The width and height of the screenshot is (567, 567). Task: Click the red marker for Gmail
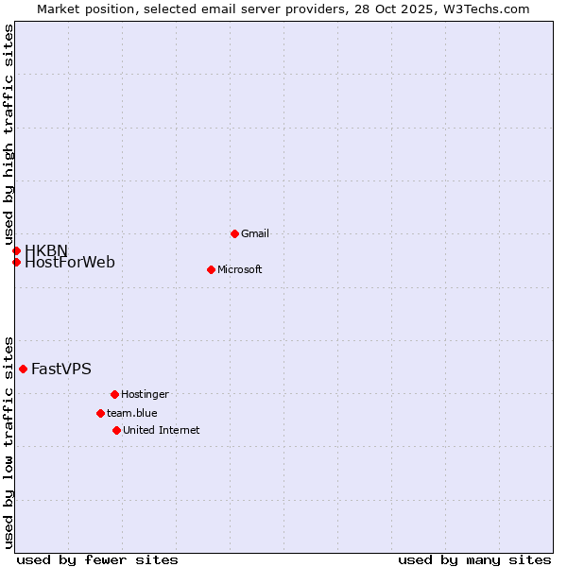[234, 233]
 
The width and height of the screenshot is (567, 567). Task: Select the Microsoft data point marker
[211, 269]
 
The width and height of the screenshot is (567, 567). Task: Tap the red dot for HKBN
[16, 250]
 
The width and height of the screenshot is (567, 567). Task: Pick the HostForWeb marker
[16, 262]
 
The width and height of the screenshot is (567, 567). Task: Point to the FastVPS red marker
[23, 369]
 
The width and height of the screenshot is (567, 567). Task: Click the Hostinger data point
[114, 394]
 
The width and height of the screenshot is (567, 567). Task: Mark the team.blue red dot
[100, 413]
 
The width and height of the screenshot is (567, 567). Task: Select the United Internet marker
[116, 430]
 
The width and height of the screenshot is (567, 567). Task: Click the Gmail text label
[255, 233]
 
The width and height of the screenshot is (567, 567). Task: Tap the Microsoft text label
[239, 269]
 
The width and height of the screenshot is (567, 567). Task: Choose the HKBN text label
[46, 250]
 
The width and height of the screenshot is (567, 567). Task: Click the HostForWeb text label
[70, 263]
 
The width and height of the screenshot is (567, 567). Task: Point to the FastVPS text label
[61, 369]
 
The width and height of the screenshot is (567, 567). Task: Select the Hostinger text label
[145, 394]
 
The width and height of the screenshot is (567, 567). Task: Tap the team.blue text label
[131, 413]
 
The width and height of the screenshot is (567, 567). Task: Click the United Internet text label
[161, 430]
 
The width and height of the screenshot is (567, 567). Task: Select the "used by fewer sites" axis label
[97, 559]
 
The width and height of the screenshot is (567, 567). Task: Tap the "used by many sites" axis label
[474, 559]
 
